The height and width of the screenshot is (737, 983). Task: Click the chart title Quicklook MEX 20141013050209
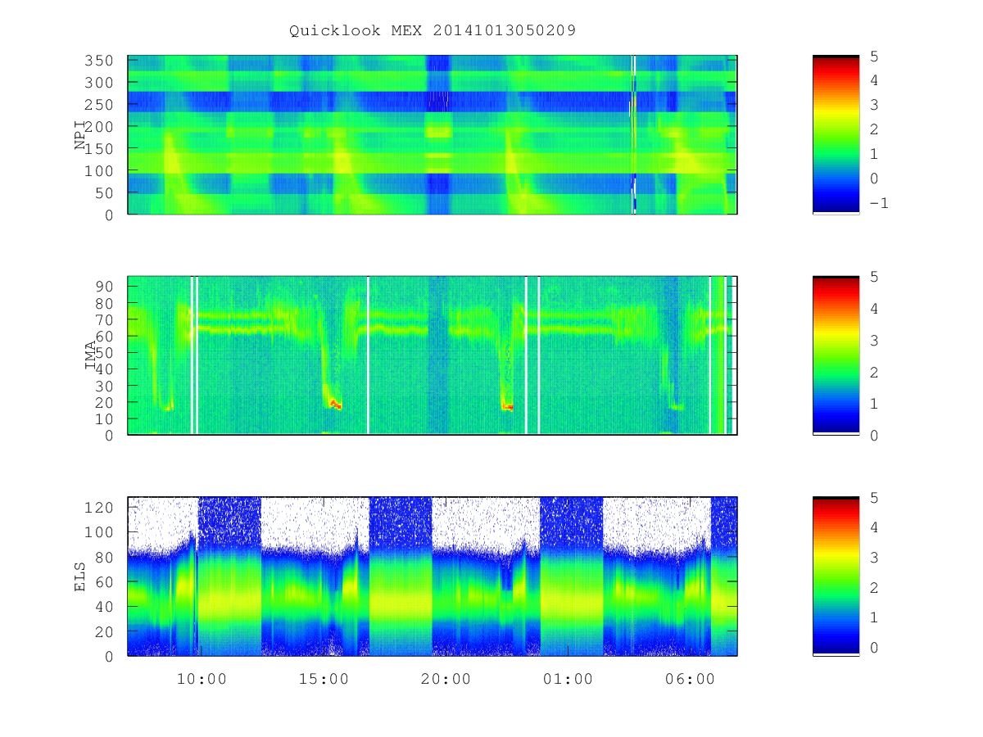tap(433, 30)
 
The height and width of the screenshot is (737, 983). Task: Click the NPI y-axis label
tap(79, 134)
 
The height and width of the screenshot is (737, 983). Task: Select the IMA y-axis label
tap(90, 355)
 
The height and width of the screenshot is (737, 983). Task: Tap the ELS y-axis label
tap(79, 576)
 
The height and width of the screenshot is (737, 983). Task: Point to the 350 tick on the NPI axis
tap(98, 61)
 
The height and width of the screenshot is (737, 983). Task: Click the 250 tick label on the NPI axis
tap(98, 105)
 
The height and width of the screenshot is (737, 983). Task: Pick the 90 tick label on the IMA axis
tap(104, 287)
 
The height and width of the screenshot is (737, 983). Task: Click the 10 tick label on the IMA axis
tap(104, 419)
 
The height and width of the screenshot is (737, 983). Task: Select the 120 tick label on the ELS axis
tap(98, 508)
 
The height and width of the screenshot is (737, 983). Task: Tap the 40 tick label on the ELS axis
tap(104, 607)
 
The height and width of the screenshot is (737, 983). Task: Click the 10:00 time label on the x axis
tap(202, 679)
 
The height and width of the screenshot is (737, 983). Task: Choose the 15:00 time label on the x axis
tap(324, 679)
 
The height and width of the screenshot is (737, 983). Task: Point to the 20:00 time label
tap(446, 679)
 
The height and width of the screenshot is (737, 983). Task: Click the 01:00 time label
tap(568, 679)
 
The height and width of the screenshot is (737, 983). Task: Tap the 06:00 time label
tap(690, 679)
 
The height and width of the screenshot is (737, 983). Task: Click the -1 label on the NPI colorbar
tap(879, 203)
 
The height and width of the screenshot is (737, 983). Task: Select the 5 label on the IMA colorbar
tap(874, 277)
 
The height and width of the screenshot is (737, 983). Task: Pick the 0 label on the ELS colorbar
tap(874, 648)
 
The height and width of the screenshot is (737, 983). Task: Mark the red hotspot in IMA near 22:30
tap(507, 407)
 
